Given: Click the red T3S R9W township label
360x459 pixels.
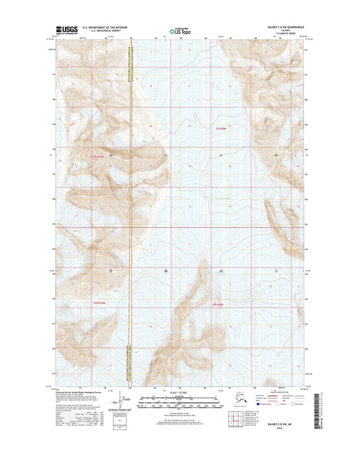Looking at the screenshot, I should coord(222,128).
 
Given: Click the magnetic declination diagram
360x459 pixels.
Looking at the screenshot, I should coord(119,404).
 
